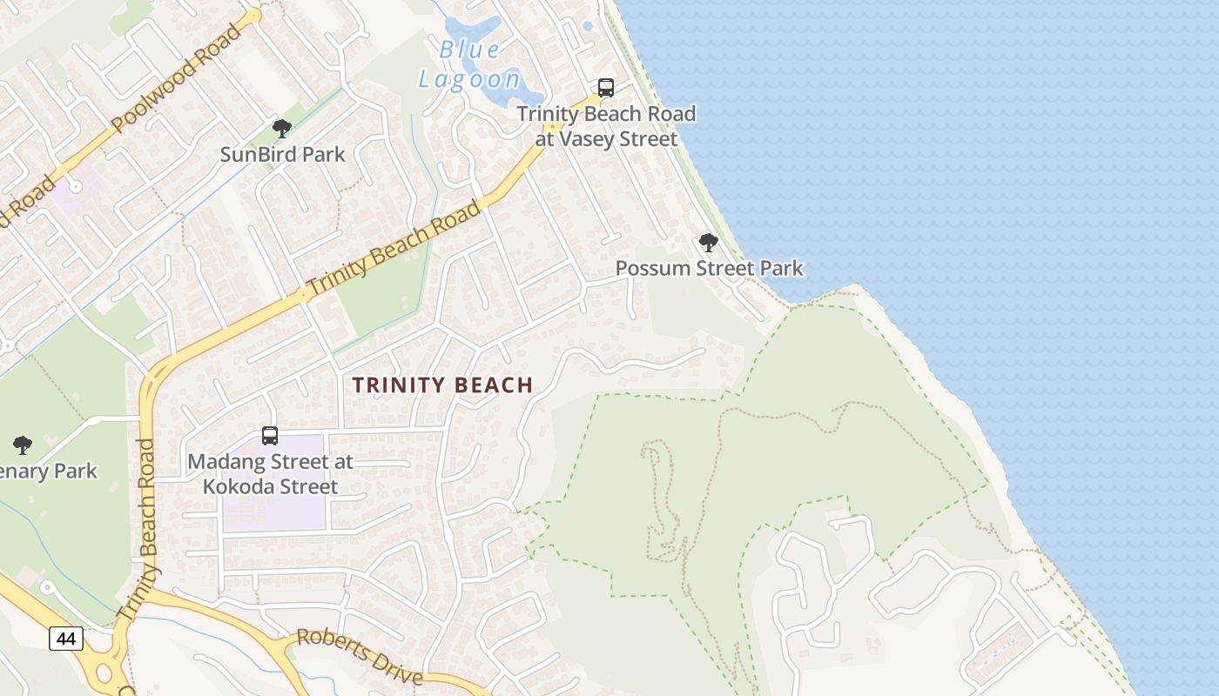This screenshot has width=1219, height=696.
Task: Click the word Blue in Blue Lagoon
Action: pyautogui.click(x=470, y=50)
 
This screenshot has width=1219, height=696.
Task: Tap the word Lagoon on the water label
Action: pyautogui.click(x=469, y=80)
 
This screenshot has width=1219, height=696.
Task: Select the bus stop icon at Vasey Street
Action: pyautogui.click(x=606, y=88)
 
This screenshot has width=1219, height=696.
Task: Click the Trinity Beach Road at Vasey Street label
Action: pyautogui.click(x=606, y=126)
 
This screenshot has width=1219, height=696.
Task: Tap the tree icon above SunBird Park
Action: pyautogui.click(x=281, y=130)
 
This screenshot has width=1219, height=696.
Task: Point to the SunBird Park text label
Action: pyautogui.click(x=282, y=155)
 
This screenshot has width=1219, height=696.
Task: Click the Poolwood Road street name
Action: pyautogui.click(x=177, y=79)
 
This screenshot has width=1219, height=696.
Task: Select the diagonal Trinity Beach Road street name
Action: pyautogui.click(x=394, y=248)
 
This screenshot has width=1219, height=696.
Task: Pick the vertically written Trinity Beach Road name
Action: pyautogui.click(x=146, y=531)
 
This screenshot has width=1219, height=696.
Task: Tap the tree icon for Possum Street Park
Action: pyautogui.click(x=709, y=243)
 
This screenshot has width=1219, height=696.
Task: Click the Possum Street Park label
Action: pyautogui.click(x=709, y=268)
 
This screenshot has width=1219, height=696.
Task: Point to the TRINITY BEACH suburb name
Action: pyautogui.click(x=442, y=385)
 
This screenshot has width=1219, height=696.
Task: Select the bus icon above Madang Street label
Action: pyautogui.click(x=270, y=436)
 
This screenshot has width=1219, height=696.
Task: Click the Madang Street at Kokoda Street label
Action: pyautogui.click(x=270, y=474)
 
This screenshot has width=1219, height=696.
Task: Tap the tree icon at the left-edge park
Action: pyautogui.click(x=23, y=445)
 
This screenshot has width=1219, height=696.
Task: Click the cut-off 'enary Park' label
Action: pyautogui.click(x=50, y=472)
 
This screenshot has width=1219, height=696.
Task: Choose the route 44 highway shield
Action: pyautogui.click(x=66, y=639)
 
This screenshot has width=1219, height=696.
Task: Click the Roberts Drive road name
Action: pyautogui.click(x=360, y=656)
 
